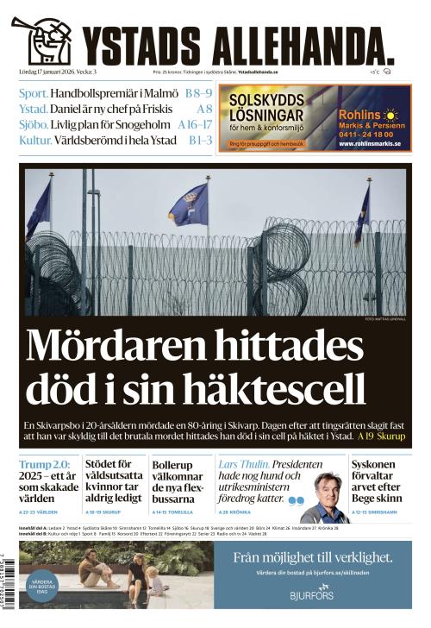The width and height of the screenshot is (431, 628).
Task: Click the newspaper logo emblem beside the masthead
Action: pos(42,41)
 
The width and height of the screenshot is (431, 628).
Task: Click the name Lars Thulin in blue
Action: pos(244,463)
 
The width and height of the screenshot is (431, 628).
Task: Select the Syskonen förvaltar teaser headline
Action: pos(378,480)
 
